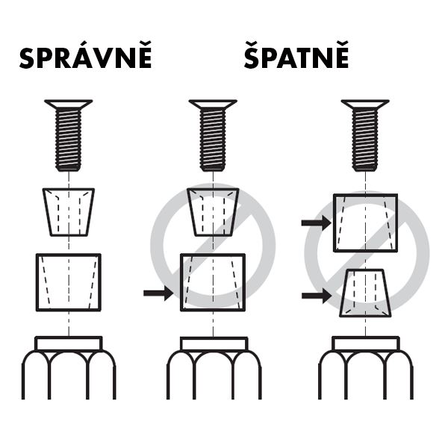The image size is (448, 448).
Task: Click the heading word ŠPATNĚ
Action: [296, 55]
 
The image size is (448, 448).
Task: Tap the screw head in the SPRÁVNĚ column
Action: [69, 105]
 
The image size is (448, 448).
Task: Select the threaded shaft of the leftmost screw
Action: [69, 140]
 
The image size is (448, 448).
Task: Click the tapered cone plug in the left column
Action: [69, 212]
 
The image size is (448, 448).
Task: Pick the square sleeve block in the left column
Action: [69, 282]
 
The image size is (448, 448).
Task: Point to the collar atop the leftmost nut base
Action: [69, 343]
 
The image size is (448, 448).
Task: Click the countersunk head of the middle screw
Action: [213, 105]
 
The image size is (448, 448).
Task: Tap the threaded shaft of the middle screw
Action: [213, 140]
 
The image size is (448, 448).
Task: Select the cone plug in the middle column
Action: [213, 212]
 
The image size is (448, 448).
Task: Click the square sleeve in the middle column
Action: [213, 282]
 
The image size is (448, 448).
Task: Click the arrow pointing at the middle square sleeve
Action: [158, 293]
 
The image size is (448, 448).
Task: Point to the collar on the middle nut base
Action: [214, 343]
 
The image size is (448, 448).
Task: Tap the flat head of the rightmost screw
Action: [365, 105]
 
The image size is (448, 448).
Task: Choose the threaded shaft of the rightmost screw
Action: [365, 140]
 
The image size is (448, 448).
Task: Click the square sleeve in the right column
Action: [365, 223]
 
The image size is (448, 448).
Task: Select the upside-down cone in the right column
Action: [365, 293]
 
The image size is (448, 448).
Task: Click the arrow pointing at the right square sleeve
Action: [317, 223]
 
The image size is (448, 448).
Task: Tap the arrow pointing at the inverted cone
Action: [317, 296]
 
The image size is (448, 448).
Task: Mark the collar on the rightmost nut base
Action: [365, 343]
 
